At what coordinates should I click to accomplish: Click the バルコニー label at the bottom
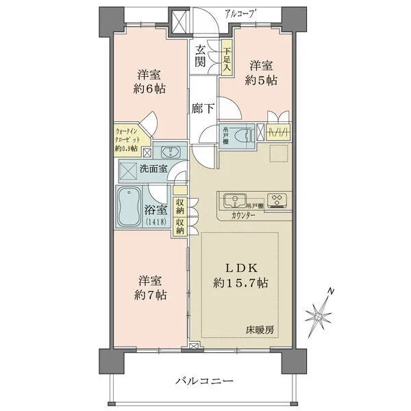coord(204,380)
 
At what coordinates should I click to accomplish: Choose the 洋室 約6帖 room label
coord(150,82)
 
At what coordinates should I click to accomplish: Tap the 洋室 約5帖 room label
coord(261,73)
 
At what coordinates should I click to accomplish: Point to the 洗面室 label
coord(153,168)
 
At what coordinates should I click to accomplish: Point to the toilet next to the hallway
coord(245,135)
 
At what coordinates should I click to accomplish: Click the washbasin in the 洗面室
coord(168,151)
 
